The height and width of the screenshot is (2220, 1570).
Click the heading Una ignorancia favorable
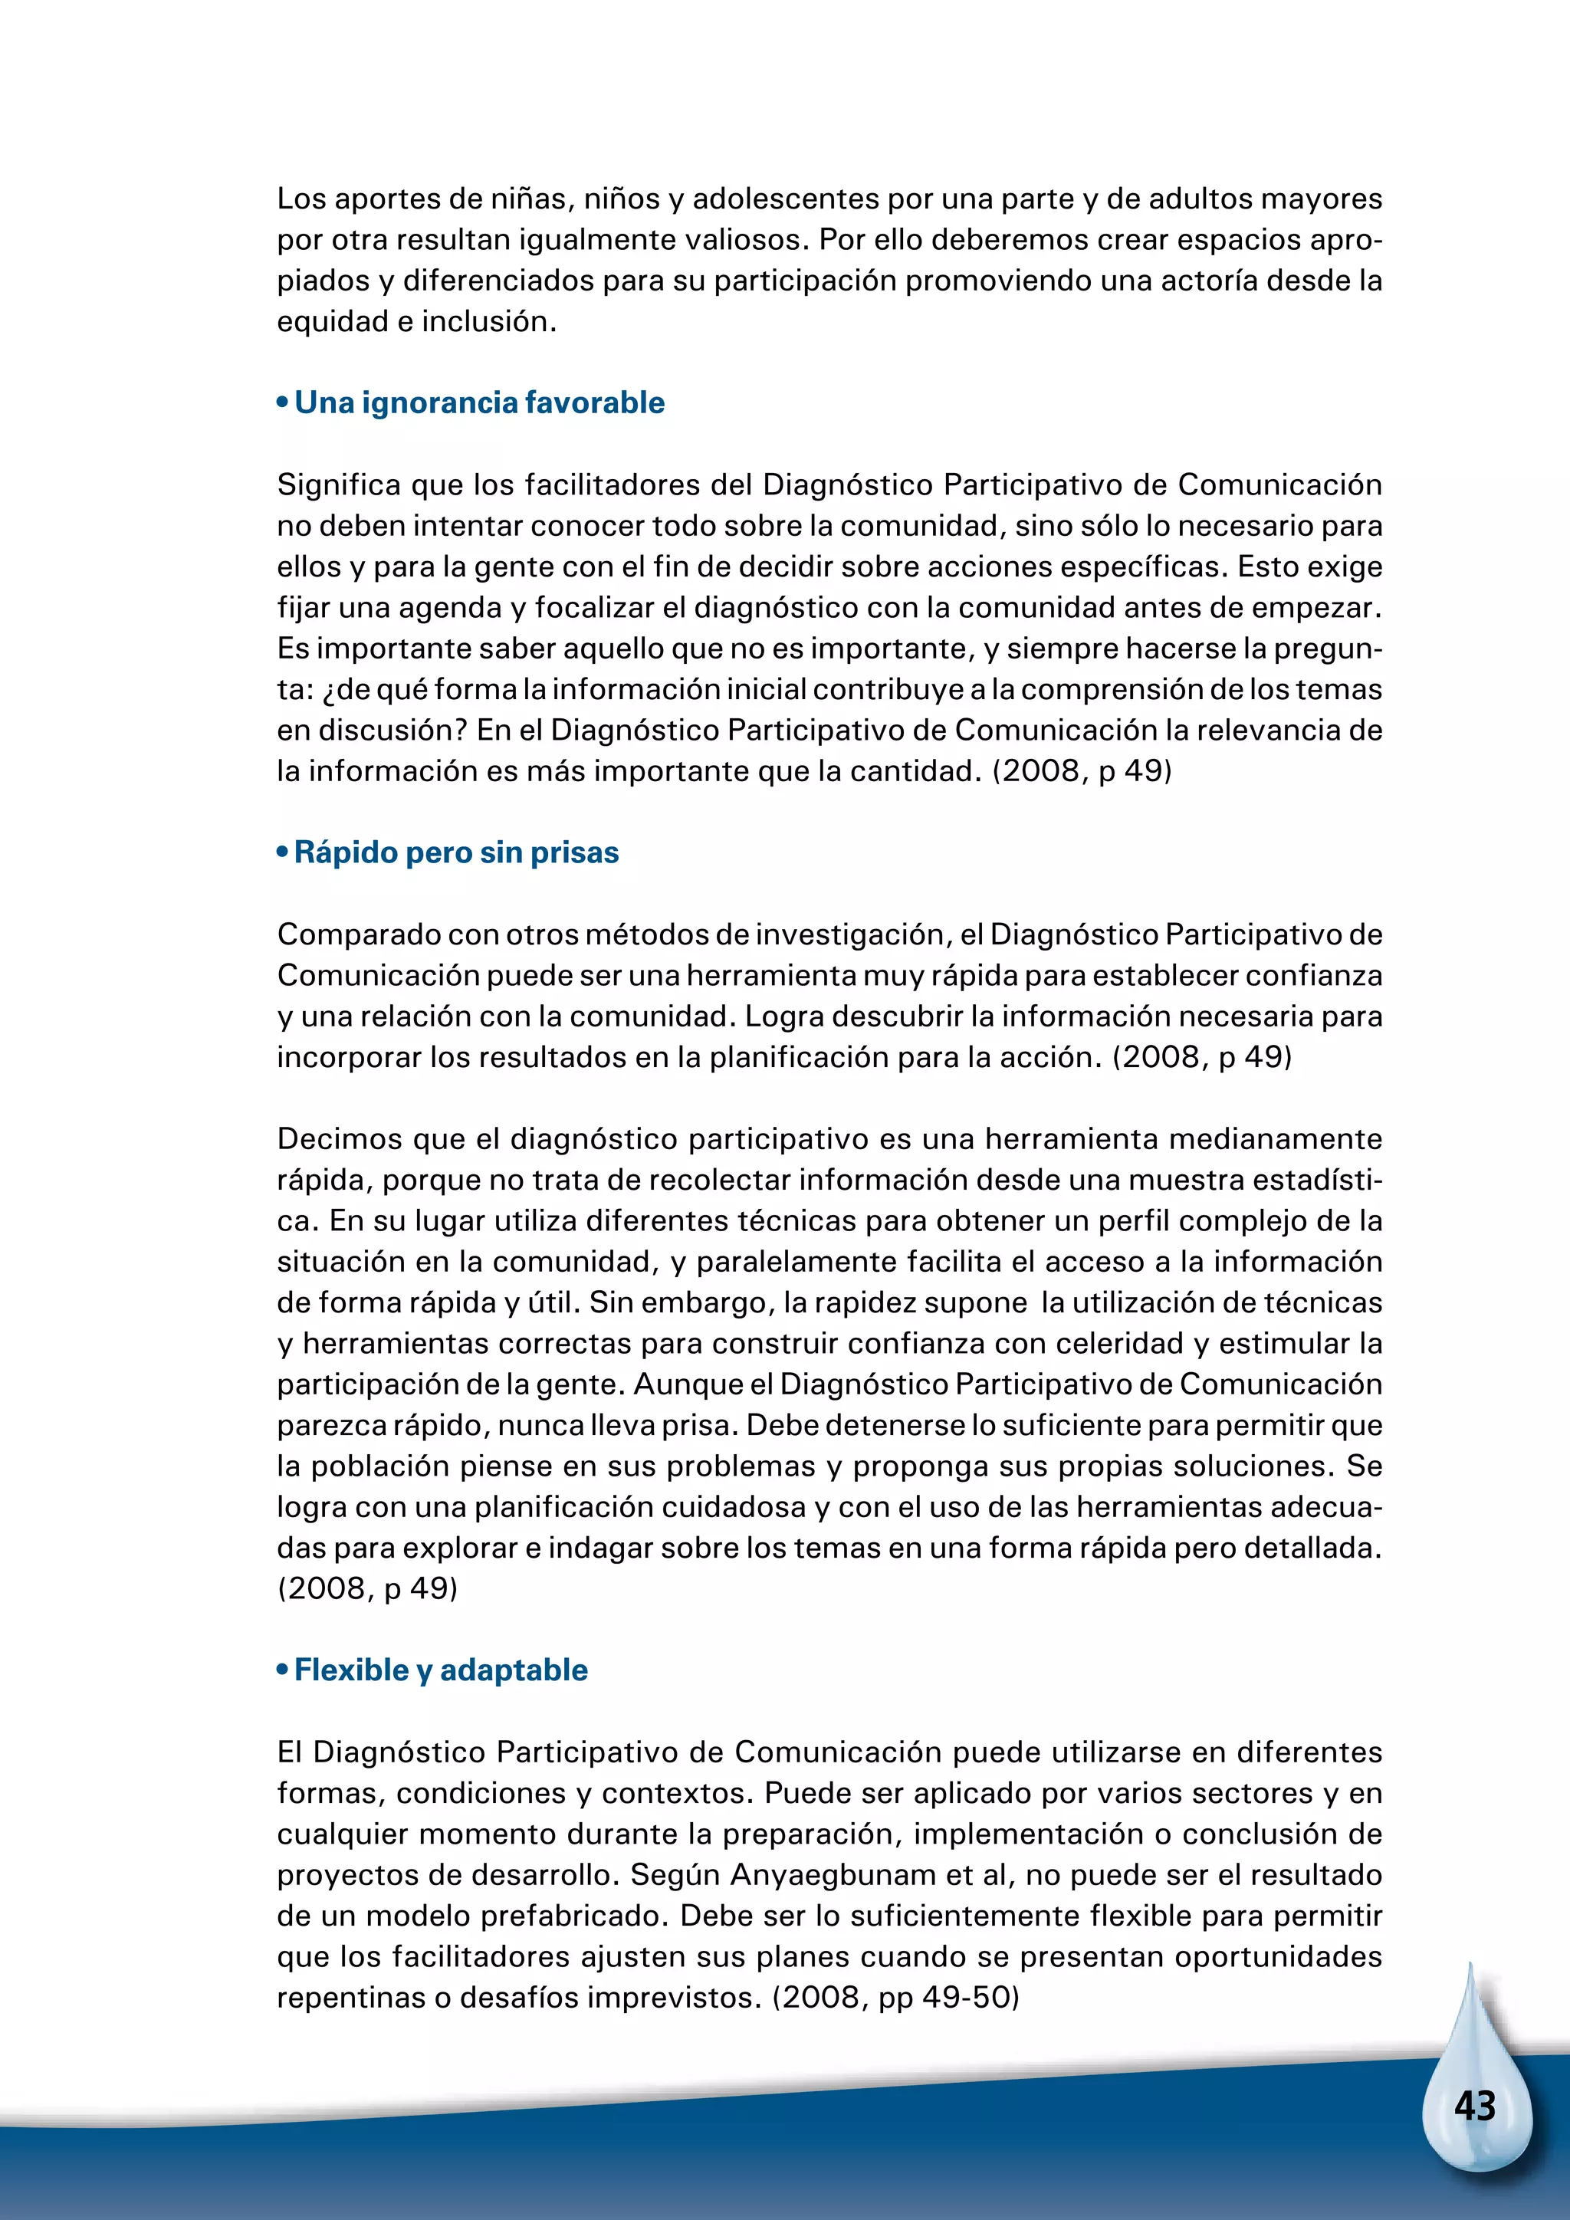click(478, 402)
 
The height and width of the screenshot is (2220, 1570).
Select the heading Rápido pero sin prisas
click(455, 852)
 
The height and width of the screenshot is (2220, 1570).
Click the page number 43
click(1474, 2107)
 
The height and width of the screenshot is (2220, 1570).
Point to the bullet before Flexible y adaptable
click(282, 1671)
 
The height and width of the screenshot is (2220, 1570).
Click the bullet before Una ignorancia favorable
click(282, 403)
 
